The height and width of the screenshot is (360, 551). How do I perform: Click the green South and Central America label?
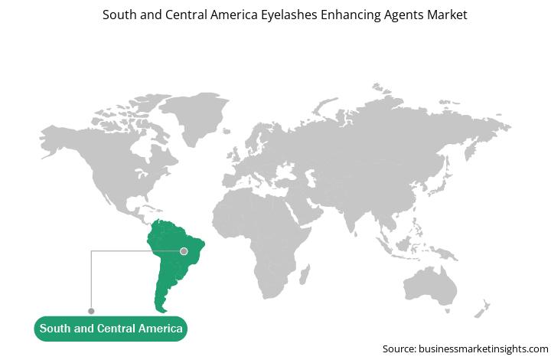(x=111, y=329)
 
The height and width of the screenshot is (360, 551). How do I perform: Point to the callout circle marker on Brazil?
(x=184, y=251)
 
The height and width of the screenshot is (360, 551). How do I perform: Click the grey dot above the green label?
(x=91, y=311)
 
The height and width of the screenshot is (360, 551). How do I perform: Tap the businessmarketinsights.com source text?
(x=483, y=349)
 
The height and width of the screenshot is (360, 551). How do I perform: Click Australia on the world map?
(x=430, y=286)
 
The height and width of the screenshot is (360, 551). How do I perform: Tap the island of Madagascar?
(x=305, y=274)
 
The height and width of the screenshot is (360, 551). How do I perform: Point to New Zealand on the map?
(x=482, y=309)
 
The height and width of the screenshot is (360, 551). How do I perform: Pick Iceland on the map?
(x=227, y=131)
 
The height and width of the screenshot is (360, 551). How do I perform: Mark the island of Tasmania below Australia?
(x=448, y=311)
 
